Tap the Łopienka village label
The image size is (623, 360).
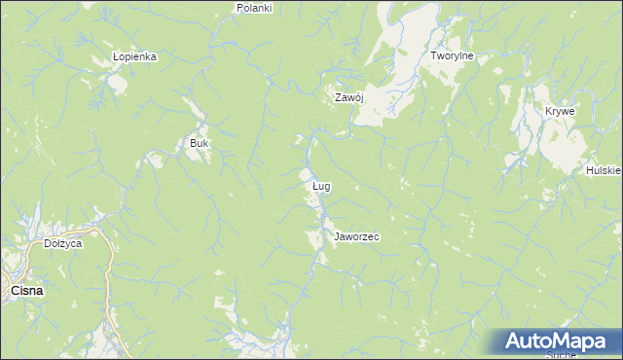[134, 56]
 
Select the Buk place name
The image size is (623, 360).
[200, 143]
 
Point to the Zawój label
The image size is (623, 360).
[348, 97]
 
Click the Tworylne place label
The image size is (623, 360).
[452, 56]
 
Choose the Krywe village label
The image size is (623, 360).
[560, 111]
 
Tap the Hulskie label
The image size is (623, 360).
[604, 170]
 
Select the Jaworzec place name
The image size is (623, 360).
[356, 236]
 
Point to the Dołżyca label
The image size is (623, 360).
[63, 243]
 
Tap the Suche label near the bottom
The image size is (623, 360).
[562, 355]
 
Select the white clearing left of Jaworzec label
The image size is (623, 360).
[313, 238]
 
